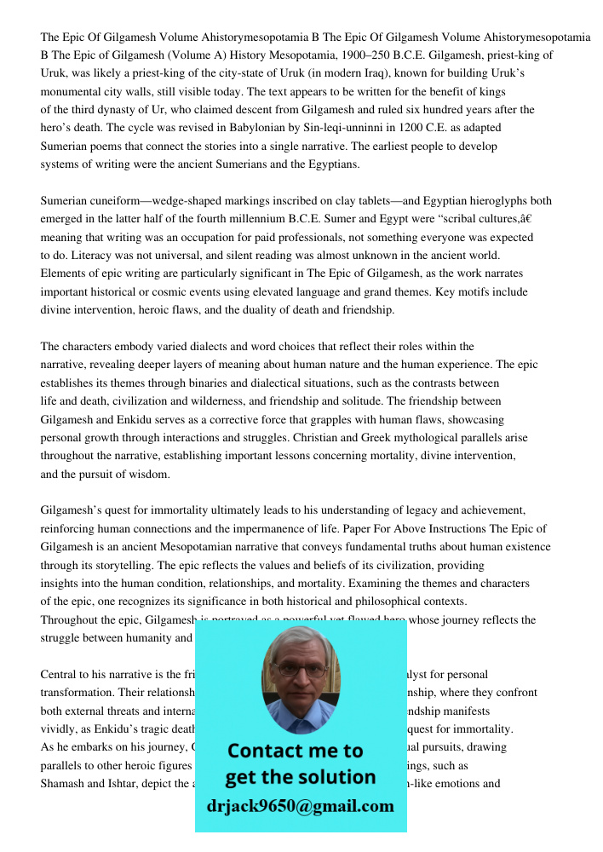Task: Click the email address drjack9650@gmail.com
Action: pyautogui.click(x=301, y=806)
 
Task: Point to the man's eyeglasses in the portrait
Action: pyautogui.click(x=299, y=671)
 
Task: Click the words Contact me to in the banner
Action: pyautogui.click(x=295, y=751)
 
